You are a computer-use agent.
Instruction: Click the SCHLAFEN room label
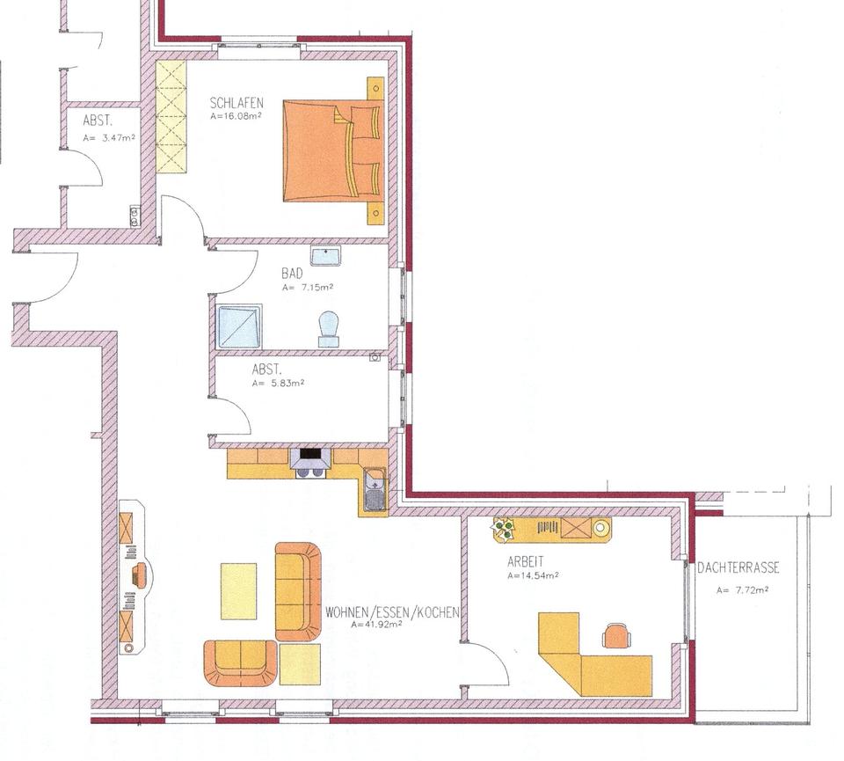click(236, 104)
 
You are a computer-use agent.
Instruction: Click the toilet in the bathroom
click(328, 329)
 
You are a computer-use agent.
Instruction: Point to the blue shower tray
click(239, 326)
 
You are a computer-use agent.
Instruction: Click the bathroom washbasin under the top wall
click(325, 256)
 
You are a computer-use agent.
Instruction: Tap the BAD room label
click(292, 274)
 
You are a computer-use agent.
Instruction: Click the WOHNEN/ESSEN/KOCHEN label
click(392, 612)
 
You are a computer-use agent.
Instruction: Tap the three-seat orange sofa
click(298, 591)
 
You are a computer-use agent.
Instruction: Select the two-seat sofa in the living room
click(240, 662)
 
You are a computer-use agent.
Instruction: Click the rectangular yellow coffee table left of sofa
click(238, 591)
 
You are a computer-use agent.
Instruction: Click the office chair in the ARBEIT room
click(616, 635)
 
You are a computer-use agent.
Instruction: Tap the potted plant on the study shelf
click(504, 528)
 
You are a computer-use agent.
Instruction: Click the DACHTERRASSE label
click(738, 568)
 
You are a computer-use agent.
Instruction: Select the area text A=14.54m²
click(533, 576)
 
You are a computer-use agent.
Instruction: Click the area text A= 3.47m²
click(109, 138)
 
